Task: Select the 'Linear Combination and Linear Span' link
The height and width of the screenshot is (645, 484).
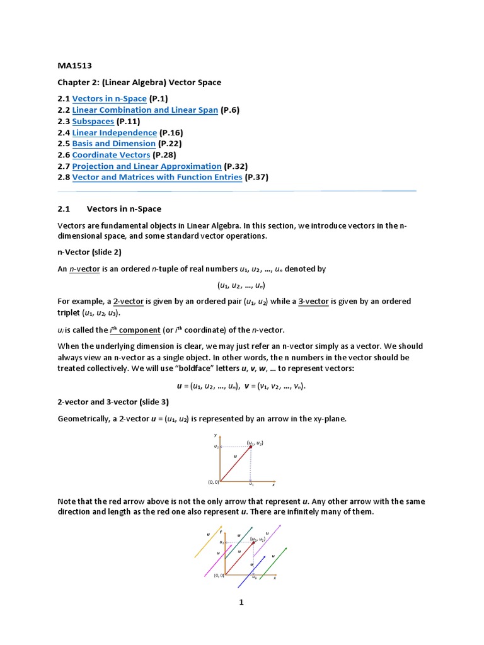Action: [x=145, y=110]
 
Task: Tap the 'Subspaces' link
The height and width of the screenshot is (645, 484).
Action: [x=93, y=121]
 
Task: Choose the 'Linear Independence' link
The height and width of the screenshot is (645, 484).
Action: [x=114, y=132]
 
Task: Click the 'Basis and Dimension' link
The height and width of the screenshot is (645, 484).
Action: [x=113, y=144]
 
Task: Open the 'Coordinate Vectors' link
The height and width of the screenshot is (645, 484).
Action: [x=111, y=155]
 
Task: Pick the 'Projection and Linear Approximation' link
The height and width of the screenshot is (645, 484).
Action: [x=147, y=166]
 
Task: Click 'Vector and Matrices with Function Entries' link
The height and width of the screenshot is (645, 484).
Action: [x=157, y=178]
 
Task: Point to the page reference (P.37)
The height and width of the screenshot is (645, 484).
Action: [x=256, y=178]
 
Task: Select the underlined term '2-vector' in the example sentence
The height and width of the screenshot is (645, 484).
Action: [x=129, y=302]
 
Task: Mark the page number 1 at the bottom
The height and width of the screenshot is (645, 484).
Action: [x=241, y=602]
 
